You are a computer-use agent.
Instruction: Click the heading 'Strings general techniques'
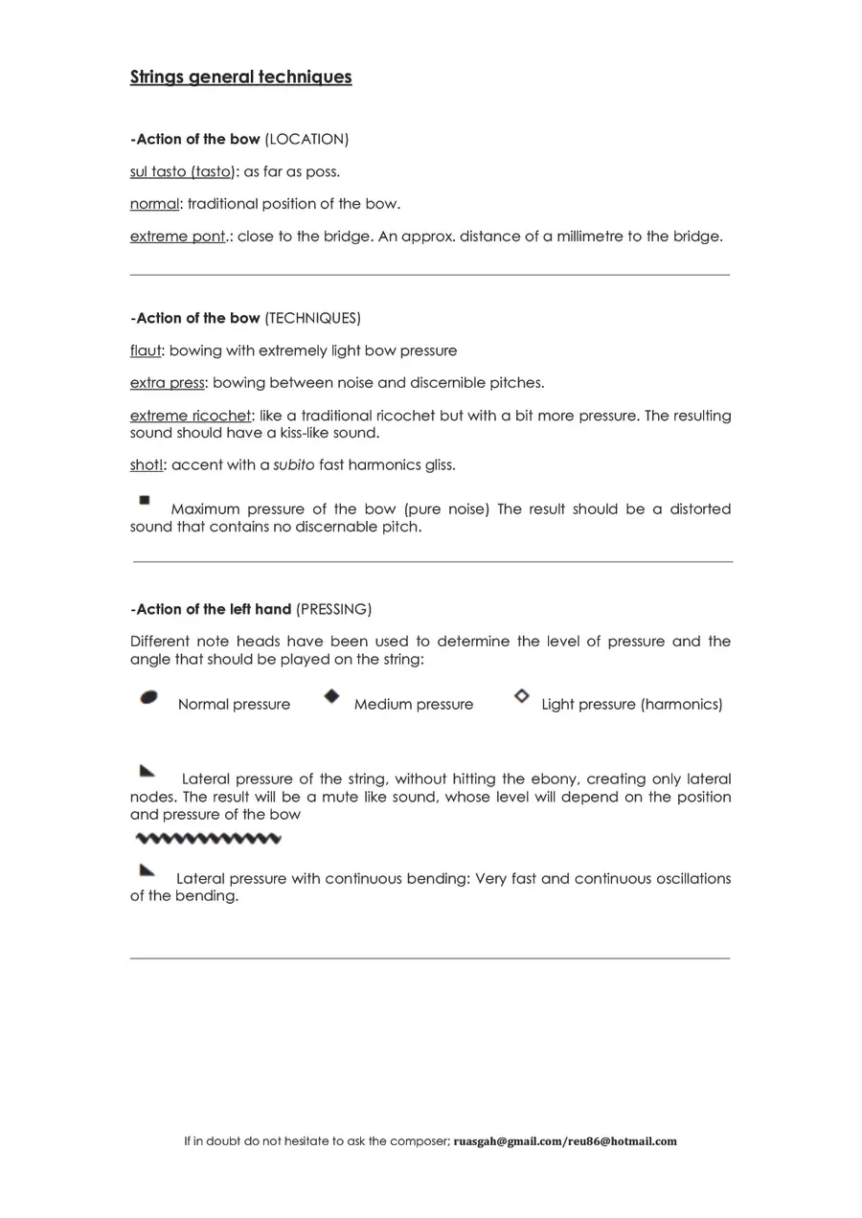click(x=240, y=77)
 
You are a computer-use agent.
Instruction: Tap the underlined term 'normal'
click(x=154, y=204)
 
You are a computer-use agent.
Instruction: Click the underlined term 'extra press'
click(x=167, y=383)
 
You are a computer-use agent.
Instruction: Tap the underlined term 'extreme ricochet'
click(x=190, y=416)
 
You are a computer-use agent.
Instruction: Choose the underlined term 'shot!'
click(x=148, y=465)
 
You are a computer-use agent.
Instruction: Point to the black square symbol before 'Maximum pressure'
click(x=145, y=500)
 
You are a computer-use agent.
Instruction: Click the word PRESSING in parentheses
click(x=333, y=609)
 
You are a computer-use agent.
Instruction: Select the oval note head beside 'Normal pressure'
click(x=148, y=697)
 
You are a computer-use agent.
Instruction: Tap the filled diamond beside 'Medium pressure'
click(x=331, y=696)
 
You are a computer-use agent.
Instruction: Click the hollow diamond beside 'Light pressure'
click(x=521, y=696)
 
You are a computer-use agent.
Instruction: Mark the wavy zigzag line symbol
click(x=209, y=840)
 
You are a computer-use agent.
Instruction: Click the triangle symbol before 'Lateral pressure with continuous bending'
click(x=147, y=869)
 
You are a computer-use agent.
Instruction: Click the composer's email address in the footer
click(x=565, y=1141)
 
